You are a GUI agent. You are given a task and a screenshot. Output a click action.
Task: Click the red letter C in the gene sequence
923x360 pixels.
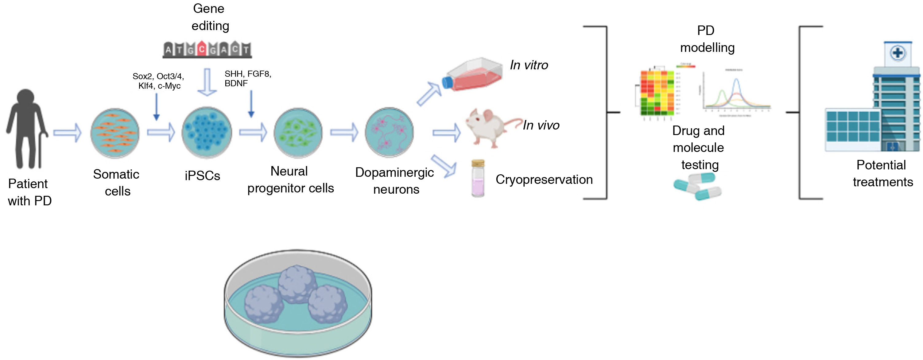(x=202, y=49)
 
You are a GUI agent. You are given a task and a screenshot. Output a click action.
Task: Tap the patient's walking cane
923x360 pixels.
(x=41, y=150)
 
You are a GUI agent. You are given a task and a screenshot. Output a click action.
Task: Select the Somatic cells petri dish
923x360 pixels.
(x=115, y=133)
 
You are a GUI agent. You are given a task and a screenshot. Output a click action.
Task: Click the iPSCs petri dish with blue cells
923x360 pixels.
(x=207, y=133)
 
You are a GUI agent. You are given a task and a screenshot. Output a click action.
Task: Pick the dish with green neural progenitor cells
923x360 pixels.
(x=298, y=133)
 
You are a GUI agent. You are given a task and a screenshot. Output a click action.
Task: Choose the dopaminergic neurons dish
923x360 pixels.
(x=389, y=132)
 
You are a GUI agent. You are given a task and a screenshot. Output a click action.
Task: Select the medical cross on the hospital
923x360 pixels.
(x=898, y=53)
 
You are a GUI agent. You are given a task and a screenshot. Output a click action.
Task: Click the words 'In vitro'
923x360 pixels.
(x=529, y=65)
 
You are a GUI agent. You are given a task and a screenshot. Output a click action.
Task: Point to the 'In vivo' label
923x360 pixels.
(x=541, y=126)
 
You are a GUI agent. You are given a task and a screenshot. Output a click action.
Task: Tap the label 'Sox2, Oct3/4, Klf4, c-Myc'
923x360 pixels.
(x=158, y=81)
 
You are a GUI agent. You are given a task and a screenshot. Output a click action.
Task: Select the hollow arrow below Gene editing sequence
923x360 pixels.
(x=207, y=82)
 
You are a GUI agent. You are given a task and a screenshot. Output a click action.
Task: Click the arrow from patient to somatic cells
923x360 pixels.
(x=67, y=133)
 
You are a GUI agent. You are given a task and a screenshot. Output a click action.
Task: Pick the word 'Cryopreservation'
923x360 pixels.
(x=544, y=180)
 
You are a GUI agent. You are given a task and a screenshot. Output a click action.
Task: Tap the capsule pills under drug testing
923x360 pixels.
(x=698, y=186)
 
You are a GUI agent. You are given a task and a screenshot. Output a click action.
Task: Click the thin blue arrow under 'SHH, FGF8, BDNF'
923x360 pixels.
(x=251, y=104)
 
